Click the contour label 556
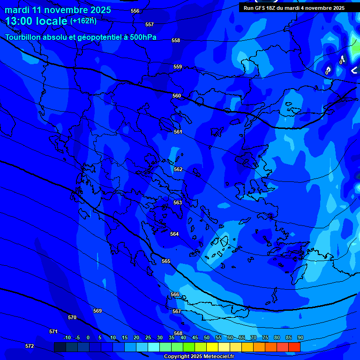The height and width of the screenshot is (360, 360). pyautogui.click(x=135, y=11)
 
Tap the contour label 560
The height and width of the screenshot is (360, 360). pyautogui.click(x=177, y=96)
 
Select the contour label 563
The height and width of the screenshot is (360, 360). pyautogui.click(x=178, y=202)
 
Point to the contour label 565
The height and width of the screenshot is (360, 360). pyautogui.click(x=166, y=261)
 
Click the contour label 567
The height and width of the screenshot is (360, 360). pyautogui.click(x=177, y=311)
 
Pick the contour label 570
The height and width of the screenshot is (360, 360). pyautogui.click(x=72, y=317)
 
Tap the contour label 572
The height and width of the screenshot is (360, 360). pyautogui.click(x=30, y=346)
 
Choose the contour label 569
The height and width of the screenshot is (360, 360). pyautogui.click(x=97, y=311)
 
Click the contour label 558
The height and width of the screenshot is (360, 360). pyautogui.click(x=176, y=40)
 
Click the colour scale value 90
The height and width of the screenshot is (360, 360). pyautogui.click(x=300, y=337)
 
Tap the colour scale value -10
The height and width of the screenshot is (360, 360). pyautogui.click(x=67, y=337)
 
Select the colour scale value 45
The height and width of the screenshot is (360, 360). pyautogui.click(x=195, y=337)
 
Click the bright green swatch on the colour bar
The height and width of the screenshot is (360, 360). pyautogui.click(x=189, y=347)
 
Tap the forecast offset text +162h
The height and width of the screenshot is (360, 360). pyautogui.click(x=83, y=21)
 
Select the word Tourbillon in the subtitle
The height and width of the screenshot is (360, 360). pyautogui.click(x=23, y=37)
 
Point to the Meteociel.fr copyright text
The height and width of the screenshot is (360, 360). pyautogui.click(x=199, y=356)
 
